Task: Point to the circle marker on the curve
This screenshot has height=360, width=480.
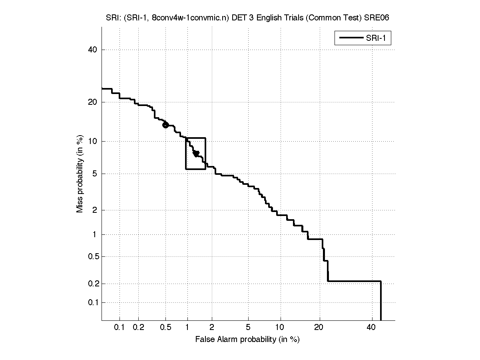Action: [x=165, y=125]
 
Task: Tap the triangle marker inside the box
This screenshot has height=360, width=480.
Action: [x=196, y=154]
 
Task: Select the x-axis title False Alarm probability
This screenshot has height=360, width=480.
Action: [x=247, y=340]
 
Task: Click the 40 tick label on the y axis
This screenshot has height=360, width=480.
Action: [x=93, y=50]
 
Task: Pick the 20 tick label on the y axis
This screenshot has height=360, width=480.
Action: [x=93, y=102]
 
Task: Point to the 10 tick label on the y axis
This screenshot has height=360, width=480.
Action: [x=93, y=141]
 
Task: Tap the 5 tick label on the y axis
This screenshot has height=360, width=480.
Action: [x=95, y=174]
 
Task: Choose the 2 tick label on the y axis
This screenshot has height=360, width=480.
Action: [x=95, y=210]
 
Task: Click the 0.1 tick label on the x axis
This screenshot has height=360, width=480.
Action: [x=120, y=327]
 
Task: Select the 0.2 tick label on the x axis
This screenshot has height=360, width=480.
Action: [x=138, y=327]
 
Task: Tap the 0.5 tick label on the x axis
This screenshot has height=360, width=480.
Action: [x=165, y=327]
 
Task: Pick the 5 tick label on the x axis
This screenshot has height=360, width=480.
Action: [x=248, y=327]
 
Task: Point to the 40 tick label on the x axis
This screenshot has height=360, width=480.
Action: [x=371, y=327]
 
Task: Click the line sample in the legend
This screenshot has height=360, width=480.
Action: [x=351, y=38]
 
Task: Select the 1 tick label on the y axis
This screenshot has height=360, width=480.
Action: [x=95, y=234]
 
